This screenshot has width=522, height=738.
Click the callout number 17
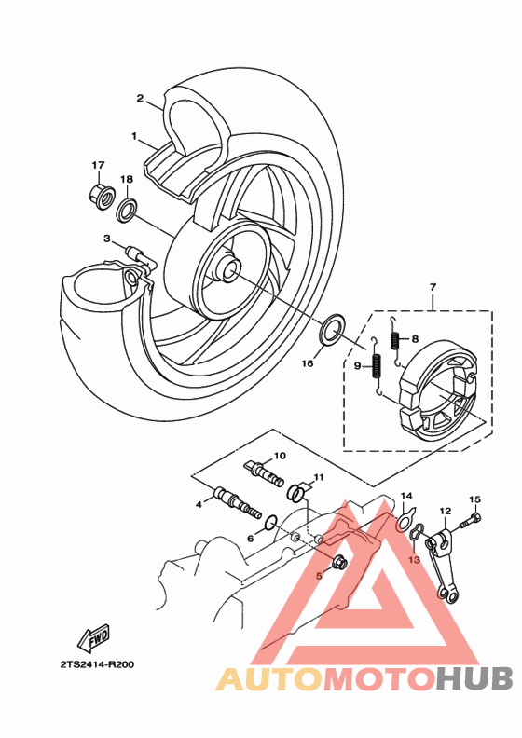pyautogui.click(x=98, y=165)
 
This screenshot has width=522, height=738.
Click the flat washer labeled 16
pyautogui.click(x=333, y=329)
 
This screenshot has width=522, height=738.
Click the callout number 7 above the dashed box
pyautogui.click(x=433, y=287)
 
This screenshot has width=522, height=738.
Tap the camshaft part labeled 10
pyautogui.click(x=265, y=473)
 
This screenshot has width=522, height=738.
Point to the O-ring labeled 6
pyautogui.click(x=270, y=522)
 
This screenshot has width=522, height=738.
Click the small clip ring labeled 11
pyautogui.click(x=295, y=492)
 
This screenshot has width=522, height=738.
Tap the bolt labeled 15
pyautogui.click(x=474, y=521)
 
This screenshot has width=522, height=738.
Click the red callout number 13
pyautogui.click(x=414, y=560)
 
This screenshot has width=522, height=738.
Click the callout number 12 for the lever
pyautogui.click(x=446, y=511)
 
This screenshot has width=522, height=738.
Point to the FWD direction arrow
pyautogui.click(x=93, y=637)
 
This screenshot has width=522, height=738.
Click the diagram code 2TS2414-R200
pyautogui.click(x=98, y=664)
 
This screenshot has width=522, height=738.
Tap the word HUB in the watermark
pyautogui.click(x=474, y=679)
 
